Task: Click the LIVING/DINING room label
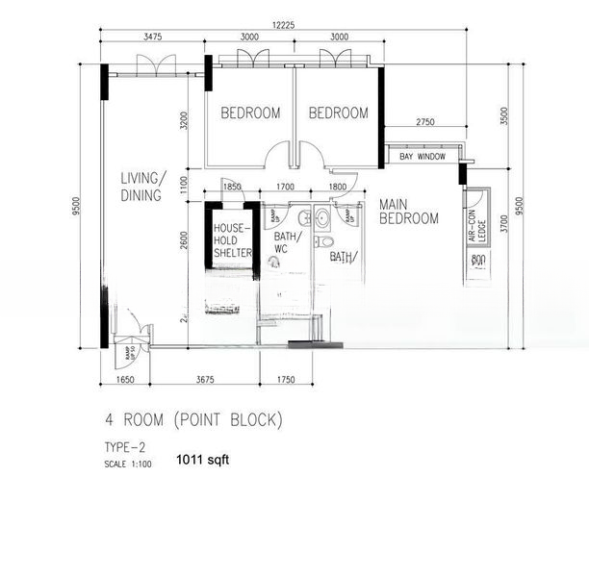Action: (142, 185)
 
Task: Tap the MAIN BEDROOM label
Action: (408, 212)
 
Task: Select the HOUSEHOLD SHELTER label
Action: (232, 240)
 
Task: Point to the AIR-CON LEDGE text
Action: (474, 228)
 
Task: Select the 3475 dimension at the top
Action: (152, 37)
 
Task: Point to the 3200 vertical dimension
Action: (184, 121)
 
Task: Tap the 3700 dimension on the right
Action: (502, 226)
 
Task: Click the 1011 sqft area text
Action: (202, 460)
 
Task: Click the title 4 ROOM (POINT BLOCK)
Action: (193, 420)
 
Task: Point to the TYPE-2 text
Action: (127, 447)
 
